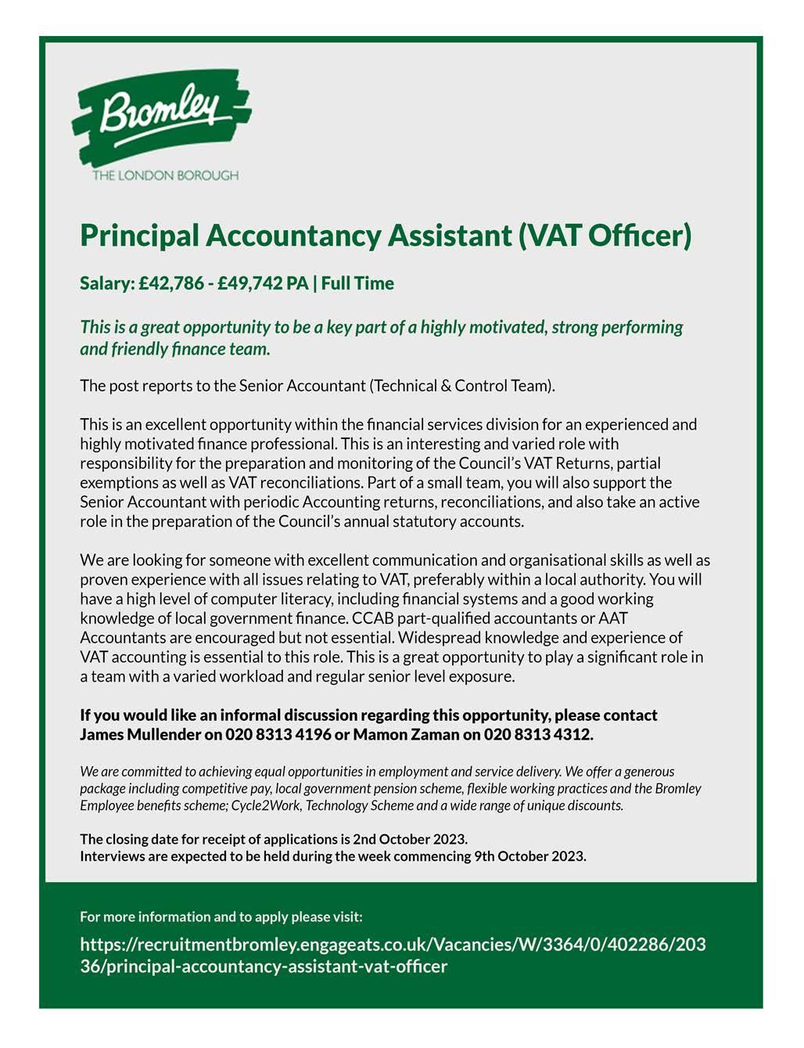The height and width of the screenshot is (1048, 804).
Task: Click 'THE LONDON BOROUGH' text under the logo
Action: [x=165, y=175]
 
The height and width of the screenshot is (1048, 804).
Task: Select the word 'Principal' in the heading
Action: [x=138, y=236]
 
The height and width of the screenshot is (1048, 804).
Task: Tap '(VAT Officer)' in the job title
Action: [x=605, y=236]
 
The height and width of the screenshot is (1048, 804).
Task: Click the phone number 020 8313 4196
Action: [x=278, y=734]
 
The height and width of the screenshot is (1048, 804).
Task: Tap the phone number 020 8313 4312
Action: [x=538, y=734]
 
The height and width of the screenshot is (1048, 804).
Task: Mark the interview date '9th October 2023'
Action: [x=529, y=855]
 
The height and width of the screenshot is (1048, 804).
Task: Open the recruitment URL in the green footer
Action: [x=393, y=955]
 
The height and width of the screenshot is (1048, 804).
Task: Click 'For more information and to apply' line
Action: [x=221, y=917]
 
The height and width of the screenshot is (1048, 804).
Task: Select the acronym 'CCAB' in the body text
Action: [x=372, y=618]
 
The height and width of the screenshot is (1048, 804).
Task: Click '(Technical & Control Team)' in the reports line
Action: [x=461, y=385]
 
